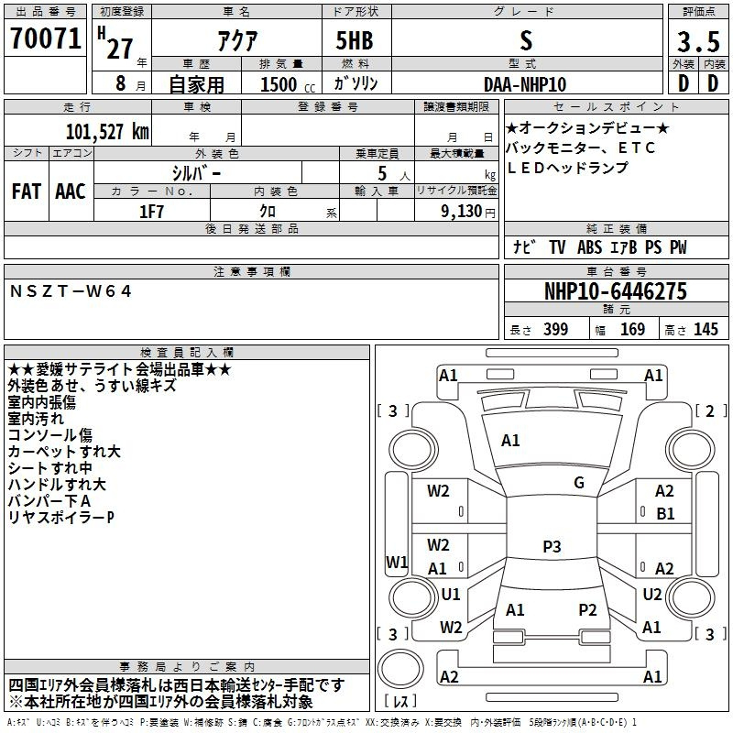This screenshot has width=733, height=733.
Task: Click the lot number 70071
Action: pyautogui.click(x=45, y=38)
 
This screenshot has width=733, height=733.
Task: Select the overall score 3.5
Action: pyautogui.click(x=698, y=41)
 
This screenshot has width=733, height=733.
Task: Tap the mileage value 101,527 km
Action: pyautogui.click(x=107, y=132)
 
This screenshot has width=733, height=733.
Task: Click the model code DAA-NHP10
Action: pyautogui.click(x=525, y=84)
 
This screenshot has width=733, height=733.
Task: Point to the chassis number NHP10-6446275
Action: pyautogui.click(x=616, y=291)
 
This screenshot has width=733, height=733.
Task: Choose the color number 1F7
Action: pyautogui.click(x=151, y=212)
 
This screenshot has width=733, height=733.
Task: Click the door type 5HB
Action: pyautogui.click(x=355, y=40)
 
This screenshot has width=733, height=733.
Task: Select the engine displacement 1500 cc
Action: pyautogui.click(x=288, y=85)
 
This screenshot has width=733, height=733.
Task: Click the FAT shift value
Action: pyautogui.click(x=27, y=191)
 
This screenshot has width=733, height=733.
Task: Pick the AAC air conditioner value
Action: pyautogui.click(x=71, y=191)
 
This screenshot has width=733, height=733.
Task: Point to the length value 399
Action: pyautogui.click(x=555, y=329)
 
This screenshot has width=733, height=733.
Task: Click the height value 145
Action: pyautogui.click(x=706, y=329)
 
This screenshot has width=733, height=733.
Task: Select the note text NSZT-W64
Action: pyautogui.click(x=71, y=291)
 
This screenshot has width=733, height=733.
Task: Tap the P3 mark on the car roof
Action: pyautogui.click(x=552, y=546)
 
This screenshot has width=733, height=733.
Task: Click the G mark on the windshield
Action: pyautogui.click(x=579, y=483)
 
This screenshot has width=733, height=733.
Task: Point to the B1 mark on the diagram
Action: pyautogui.click(x=665, y=514)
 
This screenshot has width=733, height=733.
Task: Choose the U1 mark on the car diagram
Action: pyautogui.click(x=451, y=594)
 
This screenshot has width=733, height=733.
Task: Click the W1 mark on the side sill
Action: pyautogui.click(x=397, y=562)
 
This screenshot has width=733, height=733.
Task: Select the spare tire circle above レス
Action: pyautogui.click(x=400, y=669)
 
